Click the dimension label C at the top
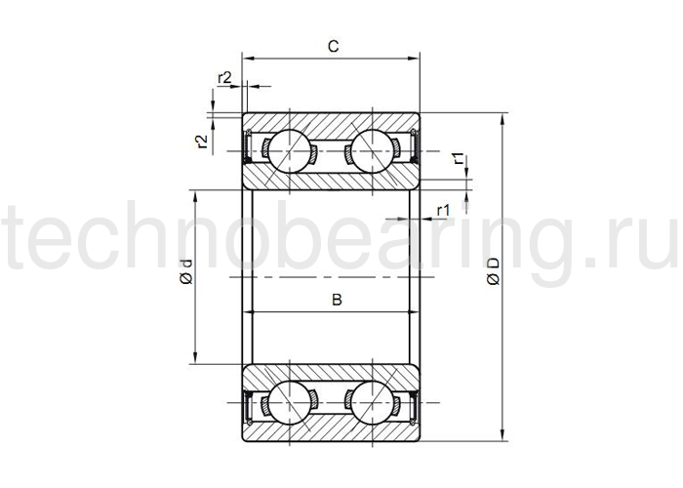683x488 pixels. (x=334, y=46)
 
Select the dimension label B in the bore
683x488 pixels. (x=337, y=300)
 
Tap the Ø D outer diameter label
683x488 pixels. (x=494, y=271)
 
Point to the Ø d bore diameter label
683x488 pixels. (x=186, y=271)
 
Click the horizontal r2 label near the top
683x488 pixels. (x=224, y=78)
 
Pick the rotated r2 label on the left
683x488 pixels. (x=201, y=142)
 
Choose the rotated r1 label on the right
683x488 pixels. (x=460, y=158)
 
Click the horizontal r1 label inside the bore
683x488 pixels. (x=443, y=211)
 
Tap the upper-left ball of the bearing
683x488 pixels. (x=289, y=150)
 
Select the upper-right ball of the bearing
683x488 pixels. (x=372, y=150)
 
